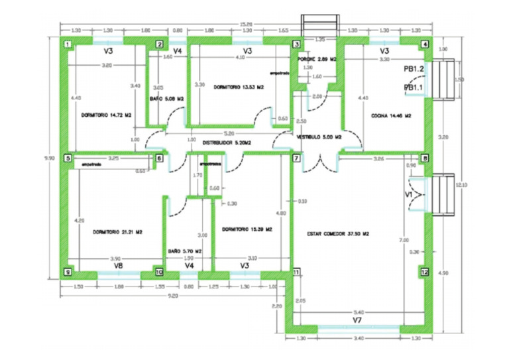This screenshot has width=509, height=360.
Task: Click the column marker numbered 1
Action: pos(68,45)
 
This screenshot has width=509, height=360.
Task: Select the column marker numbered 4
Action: pos(425,45)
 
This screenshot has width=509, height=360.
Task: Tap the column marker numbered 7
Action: pos(296,159)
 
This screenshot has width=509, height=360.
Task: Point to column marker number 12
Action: pos(425,272)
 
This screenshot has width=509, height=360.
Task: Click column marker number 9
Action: pos(68,272)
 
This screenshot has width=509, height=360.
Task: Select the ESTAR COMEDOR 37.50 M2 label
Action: pos(338,234)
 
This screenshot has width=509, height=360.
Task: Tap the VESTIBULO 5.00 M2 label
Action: pos(319,137)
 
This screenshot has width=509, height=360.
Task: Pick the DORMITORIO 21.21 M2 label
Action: pos(119,231)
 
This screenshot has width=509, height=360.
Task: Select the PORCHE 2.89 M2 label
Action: pos(317,59)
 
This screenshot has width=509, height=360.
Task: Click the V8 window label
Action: pos(118,265)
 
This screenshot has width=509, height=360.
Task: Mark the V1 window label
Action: pos(409,195)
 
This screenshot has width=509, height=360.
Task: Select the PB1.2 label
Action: pos(414,68)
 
